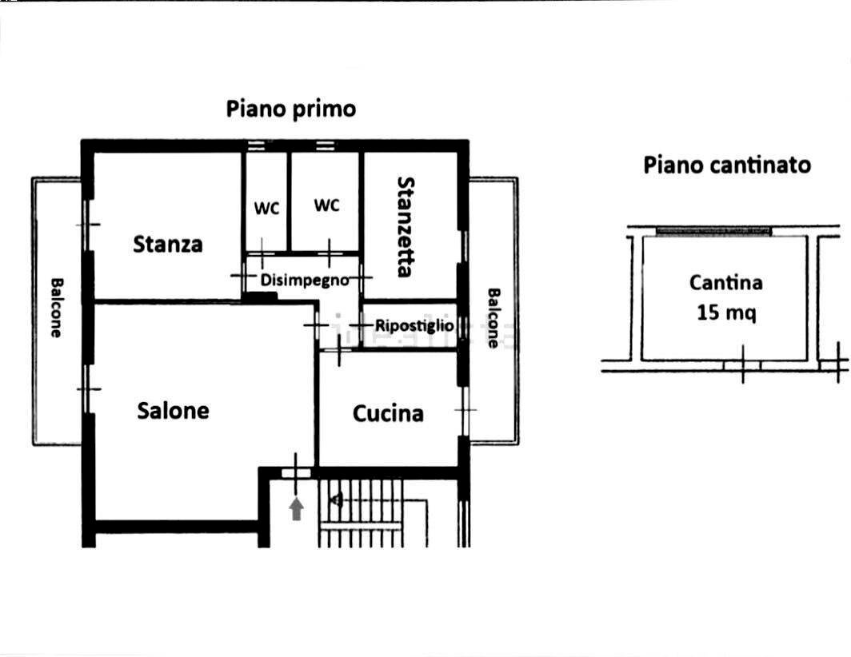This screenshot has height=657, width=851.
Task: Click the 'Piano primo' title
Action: (x=290, y=109)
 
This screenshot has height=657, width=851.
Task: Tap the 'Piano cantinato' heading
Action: (x=726, y=165)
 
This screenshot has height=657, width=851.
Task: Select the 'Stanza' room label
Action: (x=168, y=244)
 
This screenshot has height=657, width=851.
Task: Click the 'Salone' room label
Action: (x=173, y=411)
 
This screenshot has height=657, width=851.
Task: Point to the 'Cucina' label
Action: (x=388, y=414)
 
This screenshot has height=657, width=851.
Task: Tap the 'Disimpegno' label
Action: (x=305, y=281)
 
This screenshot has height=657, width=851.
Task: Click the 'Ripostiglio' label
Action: (x=414, y=326)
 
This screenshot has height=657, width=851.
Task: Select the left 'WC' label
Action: (x=267, y=209)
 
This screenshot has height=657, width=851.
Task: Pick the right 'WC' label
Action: (x=326, y=205)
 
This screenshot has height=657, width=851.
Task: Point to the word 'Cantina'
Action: (x=725, y=282)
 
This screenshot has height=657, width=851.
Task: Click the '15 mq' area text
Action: (x=725, y=313)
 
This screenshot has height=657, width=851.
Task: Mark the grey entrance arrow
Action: (x=296, y=508)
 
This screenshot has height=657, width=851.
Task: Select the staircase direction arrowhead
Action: (x=337, y=500)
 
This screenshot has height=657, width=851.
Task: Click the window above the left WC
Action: (x=256, y=145)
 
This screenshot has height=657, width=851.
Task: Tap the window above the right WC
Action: (x=324, y=145)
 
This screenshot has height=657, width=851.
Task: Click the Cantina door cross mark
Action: (x=742, y=364)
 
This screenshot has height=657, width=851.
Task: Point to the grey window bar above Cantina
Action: (x=713, y=231)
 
